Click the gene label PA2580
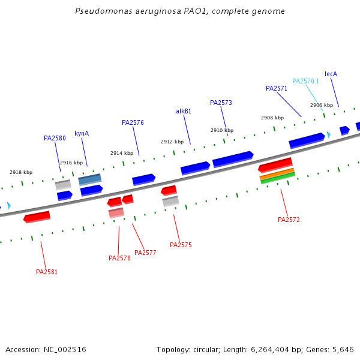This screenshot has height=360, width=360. (55, 138)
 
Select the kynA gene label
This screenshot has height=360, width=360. (82, 133)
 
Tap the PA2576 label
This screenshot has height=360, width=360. (133, 122)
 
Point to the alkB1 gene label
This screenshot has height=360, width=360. (184, 111)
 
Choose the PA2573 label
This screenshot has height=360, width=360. (221, 103)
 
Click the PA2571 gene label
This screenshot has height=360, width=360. (277, 88)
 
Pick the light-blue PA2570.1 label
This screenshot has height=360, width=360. (305, 81)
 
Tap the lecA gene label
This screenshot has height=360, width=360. (331, 74)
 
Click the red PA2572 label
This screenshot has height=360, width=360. (289, 220)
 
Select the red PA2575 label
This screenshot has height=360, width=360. (181, 245)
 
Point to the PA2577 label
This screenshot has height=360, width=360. (145, 253)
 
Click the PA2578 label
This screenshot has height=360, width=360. (119, 258)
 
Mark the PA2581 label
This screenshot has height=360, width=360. (47, 272)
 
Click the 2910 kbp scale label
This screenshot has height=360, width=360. (222, 130)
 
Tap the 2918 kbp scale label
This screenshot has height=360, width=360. (21, 172)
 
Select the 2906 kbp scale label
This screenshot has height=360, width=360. (322, 105)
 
